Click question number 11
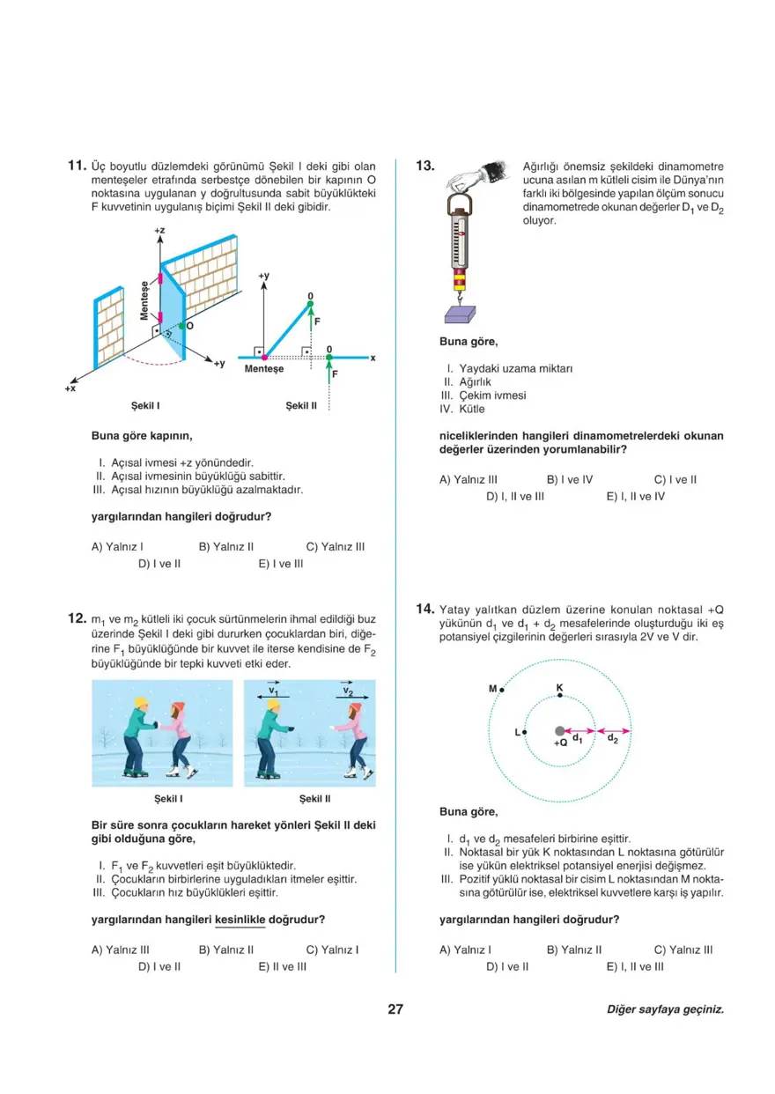[x=76, y=166]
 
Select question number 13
[x=425, y=166]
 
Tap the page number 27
[x=395, y=1009]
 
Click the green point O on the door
[x=181, y=326]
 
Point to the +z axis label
[x=159, y=231]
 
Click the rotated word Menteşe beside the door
[x=144, y=300]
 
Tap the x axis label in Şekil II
[x=373, y=358]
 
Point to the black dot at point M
[x=501, y=690]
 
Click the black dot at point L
[x=524, y=732]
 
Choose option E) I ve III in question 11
[x=281, y=564]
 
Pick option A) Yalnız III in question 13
[x=469, y=480]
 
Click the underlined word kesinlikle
[x=240, y=920]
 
